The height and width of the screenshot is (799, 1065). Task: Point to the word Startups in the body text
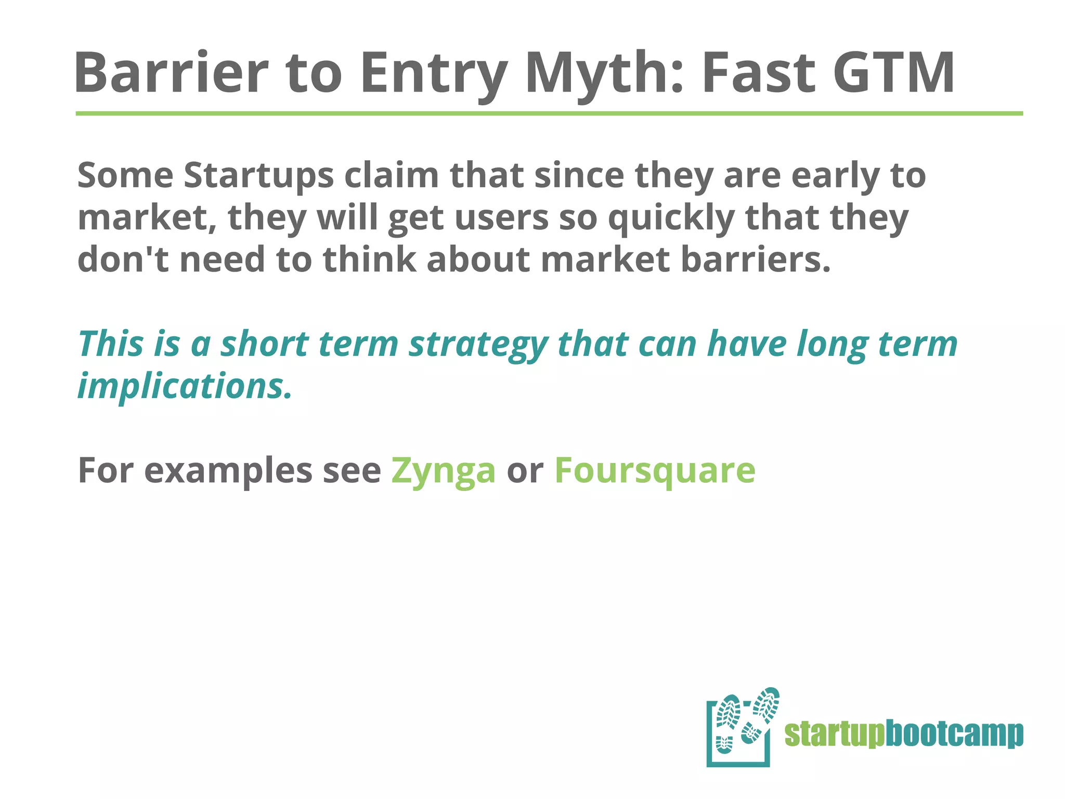(x=258, y=175)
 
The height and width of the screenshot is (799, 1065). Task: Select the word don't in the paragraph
(x=123, y=259)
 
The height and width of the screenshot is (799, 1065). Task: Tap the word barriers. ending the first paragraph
(x=756, y=259)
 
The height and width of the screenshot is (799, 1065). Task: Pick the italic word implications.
(x=185, y=386)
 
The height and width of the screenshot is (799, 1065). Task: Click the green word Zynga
(x=443, y=470)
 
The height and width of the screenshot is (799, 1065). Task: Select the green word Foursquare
(x=655, y=470)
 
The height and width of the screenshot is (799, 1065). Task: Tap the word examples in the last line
(x=229, y=470)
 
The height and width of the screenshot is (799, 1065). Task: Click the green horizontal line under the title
(x=549, y=113)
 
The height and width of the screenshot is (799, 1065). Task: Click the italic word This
(x=110, y=344)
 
